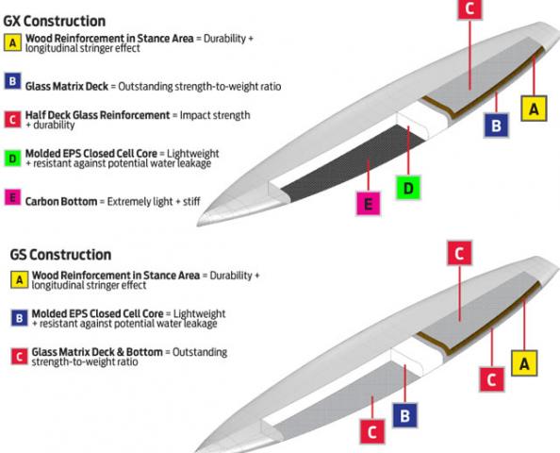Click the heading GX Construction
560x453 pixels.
tap(55, 22)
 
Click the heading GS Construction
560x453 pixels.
tap(60, 255)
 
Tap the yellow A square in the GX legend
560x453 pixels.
tap(12, 42)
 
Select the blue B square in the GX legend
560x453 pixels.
tap(12, 81)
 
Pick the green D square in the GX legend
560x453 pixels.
tap(12, 158)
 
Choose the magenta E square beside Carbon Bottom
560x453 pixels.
tap(12, 197)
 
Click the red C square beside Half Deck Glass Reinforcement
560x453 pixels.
tap(12, 120)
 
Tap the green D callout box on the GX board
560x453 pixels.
tap(408, 188)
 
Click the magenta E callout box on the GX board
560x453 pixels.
tap(369, 204)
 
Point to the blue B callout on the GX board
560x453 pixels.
tap(496, 126)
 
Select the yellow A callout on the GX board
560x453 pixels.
tap(534, 109)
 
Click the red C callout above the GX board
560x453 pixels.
tap(469, 8)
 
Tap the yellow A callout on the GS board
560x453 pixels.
tap(524, 363)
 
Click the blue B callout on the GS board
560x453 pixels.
tap(404, 415)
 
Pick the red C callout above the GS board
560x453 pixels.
tap(459, 253)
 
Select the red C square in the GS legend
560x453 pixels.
tap(19, 356)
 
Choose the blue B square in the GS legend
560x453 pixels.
tap(19, 318)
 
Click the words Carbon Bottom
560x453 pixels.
tap(61, 201)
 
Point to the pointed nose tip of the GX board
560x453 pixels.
tap(198, 224)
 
